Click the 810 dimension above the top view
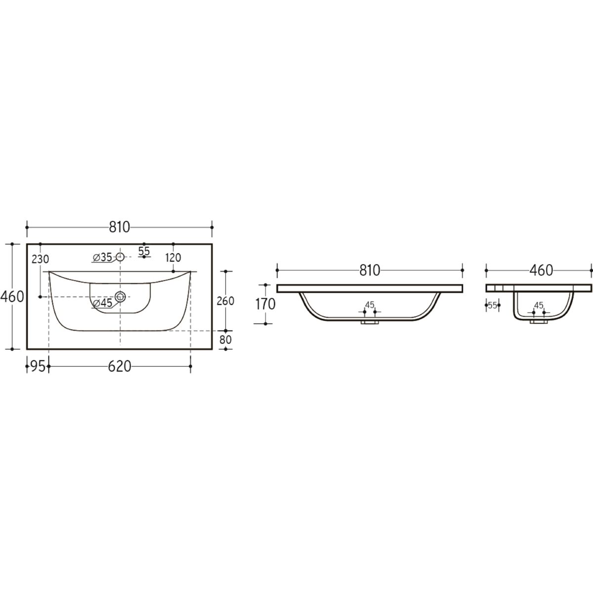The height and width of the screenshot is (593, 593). pyautogui.click(x=120, y=227)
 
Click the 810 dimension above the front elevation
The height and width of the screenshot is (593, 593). pyautogui.click(x=370, y=270)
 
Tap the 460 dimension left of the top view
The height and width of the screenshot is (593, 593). pyautogui.click(x=12, y=297)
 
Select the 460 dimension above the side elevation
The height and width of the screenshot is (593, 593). pyautogui.click(x=541, y=270)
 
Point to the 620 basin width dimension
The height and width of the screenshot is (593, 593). pyautogui.click(x=120, y=366)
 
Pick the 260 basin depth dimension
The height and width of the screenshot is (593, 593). pyautogui.click(x=225, y=300)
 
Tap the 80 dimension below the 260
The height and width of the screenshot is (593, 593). pyautogui.click(x=225, y=339)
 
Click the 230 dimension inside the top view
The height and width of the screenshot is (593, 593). pyautogui.click(x=41, y=259)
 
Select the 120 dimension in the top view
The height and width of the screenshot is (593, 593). pyautogui.click(x=173, y=257)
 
